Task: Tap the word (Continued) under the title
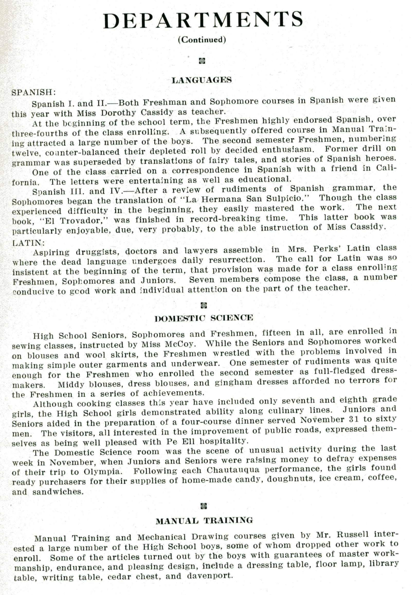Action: click(202, 40)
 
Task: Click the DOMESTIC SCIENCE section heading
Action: click(204, 318)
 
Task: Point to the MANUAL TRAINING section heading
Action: click(204, 520)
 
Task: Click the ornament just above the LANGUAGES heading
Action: click(202, 61)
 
